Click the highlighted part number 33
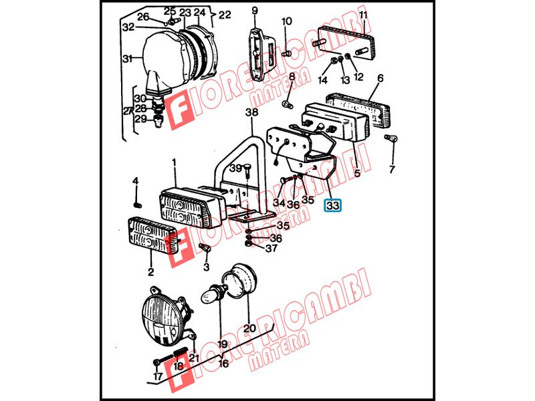point(332,206)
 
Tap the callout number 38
point(252,112)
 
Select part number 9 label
point(255,11)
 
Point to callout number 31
point(127,59)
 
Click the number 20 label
point(249,328)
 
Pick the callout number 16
point(223,364)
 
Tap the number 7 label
point(392,169)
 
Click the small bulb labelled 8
point(288,103)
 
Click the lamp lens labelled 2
point(153,235)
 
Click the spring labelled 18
point(181,354)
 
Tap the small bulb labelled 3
point(205,248)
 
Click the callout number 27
point(128,111)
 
